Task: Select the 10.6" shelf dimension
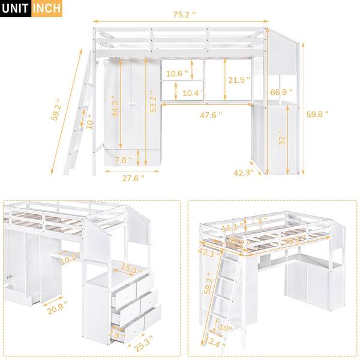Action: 177,74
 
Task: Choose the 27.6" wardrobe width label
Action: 133,178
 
